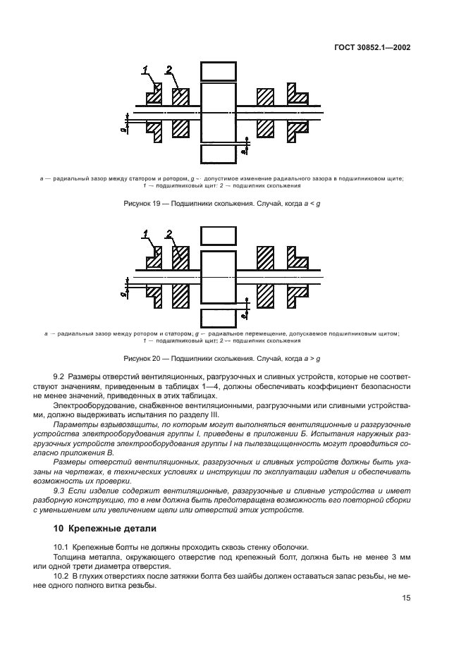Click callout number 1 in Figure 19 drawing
click(x=145, y=69)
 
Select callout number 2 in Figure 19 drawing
click(x=168, y=69)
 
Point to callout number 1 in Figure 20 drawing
click(x=145, y=233)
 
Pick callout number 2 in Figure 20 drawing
click(x=169, y=233)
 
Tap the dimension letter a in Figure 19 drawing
click(x=243, y=149)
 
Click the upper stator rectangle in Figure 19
click(x=218, y=71)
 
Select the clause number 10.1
click(x=61, y=547)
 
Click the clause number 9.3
click(x=60, y=488)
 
